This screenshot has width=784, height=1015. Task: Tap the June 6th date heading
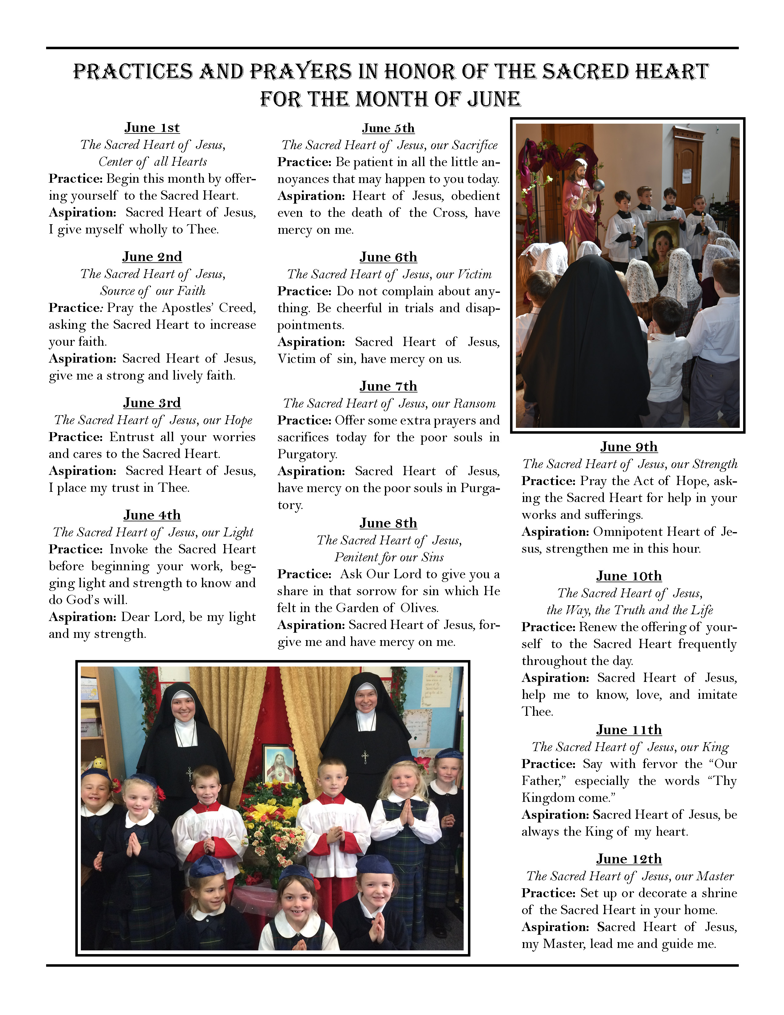[x=388, y=257]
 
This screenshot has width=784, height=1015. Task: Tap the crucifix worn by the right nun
[x=365, y=758]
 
